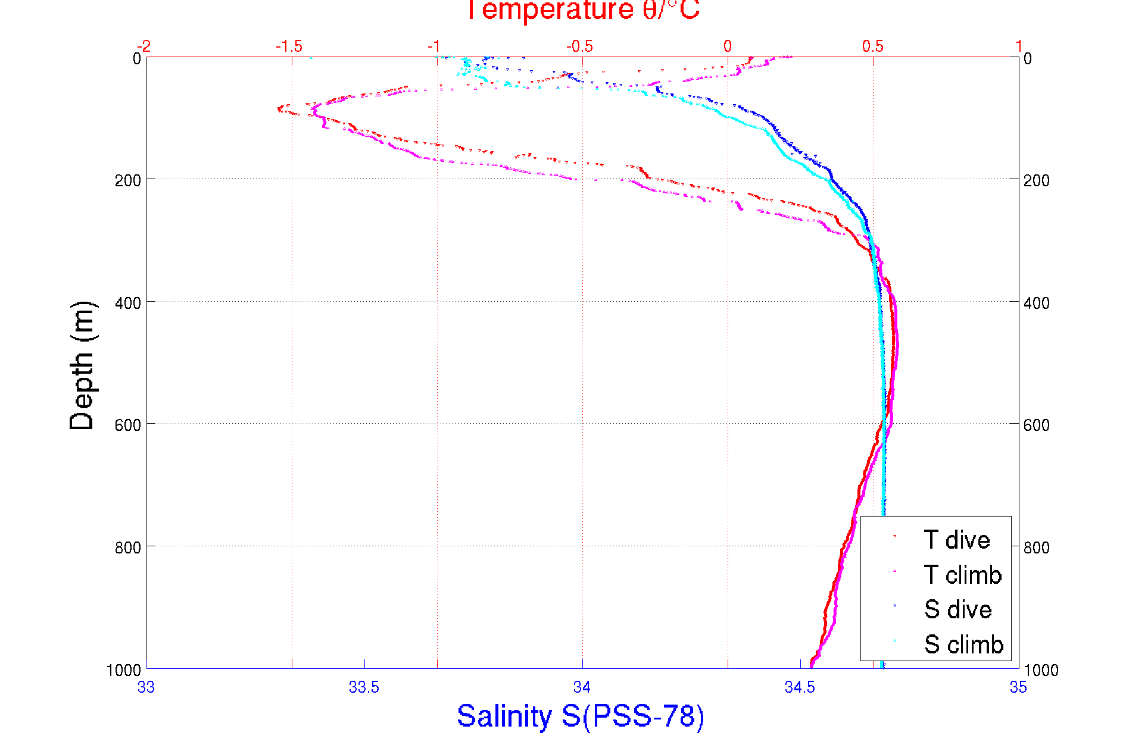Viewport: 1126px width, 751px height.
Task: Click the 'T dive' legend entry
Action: [956, 540]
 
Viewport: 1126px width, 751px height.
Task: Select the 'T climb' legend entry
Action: [962, 575]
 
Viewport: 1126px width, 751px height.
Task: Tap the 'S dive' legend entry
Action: [957, 609]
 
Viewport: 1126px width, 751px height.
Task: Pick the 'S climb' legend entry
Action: [963, 644]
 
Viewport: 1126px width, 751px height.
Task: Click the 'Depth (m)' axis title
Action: [82, 365]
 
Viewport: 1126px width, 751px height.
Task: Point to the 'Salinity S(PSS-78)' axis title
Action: [581, 716]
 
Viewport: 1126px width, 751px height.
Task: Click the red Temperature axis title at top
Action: [582, 11]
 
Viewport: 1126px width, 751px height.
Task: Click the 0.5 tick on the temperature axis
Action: [873, 46]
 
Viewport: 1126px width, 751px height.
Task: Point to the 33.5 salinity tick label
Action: [364, 687]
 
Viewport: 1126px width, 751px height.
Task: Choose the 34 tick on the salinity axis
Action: [582, 687]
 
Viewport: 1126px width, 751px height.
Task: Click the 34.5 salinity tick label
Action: [800, 687]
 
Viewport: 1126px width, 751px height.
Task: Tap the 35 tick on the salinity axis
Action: [1018, 687]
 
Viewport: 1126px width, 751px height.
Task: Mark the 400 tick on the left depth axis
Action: [127, 303]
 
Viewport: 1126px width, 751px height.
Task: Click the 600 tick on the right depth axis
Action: [1036, 425]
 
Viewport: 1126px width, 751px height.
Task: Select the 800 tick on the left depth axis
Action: [127, 547]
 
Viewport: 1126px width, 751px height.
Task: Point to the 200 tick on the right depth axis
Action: [1036, 180]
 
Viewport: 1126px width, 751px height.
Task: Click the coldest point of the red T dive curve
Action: [279, 109]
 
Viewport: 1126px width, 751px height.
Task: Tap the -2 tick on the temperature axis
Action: [144, 46]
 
